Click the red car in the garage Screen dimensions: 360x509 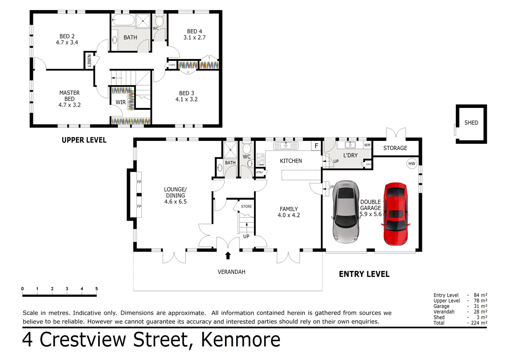tap(396, 214)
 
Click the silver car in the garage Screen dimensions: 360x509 tap(345, 211)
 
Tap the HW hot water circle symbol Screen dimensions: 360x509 tap(412, 164)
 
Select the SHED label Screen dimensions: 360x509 tap(471, 123)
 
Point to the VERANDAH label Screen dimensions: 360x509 tap(231, 272)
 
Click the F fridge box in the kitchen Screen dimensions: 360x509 tap(316, 146)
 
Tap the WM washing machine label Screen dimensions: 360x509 tap(367, 145)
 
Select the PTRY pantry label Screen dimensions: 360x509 tap(260, 172)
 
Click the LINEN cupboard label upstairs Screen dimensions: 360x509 tap(90, 61)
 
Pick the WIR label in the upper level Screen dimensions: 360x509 tap(120, 103)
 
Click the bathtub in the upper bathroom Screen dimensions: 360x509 tap(124, 21)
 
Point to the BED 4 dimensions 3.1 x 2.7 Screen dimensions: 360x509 tap(195, 37)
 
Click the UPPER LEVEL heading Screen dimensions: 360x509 tap(84, 140)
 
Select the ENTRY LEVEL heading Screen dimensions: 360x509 tap(364, 274)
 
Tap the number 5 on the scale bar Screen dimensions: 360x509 tap(96, 289)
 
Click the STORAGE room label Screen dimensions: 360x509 tap(395, 148)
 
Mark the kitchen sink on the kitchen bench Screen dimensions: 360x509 tap(285, 145)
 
